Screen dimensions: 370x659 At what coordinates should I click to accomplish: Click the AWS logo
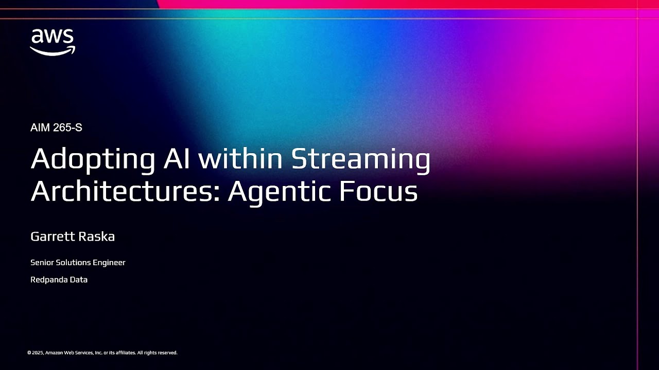coord(53,42)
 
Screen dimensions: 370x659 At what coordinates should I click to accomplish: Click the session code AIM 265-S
coord(56,128)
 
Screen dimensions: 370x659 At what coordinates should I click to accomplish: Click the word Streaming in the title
coord(360,160)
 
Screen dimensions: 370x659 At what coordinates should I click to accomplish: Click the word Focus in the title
coord(378,191)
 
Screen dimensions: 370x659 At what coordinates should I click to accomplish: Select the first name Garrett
coord(51,237)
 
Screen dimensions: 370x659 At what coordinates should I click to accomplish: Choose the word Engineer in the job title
coord(109,263)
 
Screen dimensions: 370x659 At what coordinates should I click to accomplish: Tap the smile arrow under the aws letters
coord(53,50)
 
